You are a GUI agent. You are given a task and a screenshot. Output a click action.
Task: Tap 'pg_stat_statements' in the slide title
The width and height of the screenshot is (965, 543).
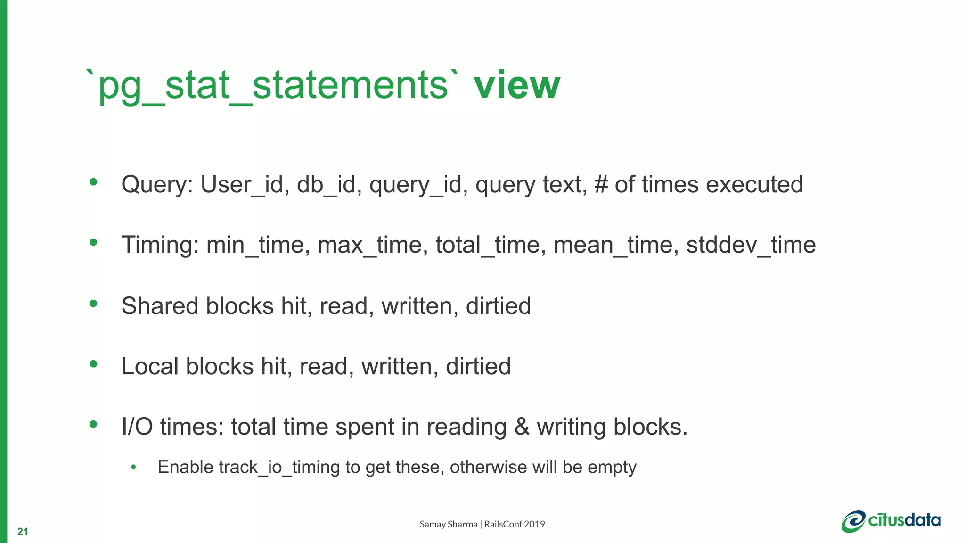click(x=273, y=86)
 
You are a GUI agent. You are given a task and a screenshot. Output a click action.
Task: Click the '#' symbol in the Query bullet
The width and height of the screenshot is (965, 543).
click(x=601, y=184)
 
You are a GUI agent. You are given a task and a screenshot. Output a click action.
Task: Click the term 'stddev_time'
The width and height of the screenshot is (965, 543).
click(x=751, y=245)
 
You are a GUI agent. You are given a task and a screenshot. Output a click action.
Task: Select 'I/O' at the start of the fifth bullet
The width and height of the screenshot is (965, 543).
click(x=137, y=427)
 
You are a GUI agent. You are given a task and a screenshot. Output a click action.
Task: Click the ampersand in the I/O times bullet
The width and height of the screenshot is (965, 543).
click(x=522, y=427)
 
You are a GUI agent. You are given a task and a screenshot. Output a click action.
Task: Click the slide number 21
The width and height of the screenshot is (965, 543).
click(x=23, y=532)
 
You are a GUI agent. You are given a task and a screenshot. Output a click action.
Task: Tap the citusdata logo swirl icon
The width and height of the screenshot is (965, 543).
click(x=853, y=522)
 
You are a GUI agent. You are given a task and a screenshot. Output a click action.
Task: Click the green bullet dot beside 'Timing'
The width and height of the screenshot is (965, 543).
click(x=93, y=242)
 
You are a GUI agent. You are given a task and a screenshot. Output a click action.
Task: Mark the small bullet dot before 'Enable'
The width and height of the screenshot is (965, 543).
click(x=133, y=467)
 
